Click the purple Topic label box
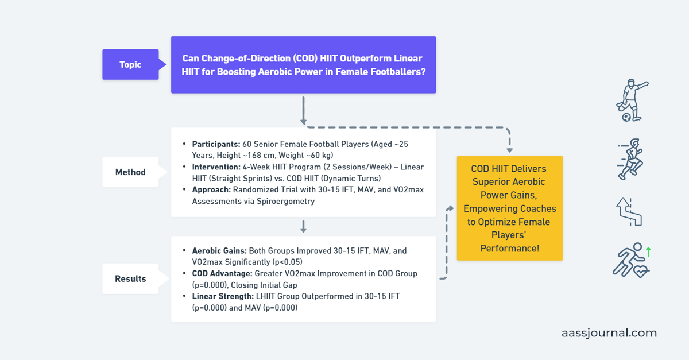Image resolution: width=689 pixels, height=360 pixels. pyautogui.click(x=130, y=64)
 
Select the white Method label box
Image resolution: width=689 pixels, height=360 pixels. pyautogui.click(x=130, y=172)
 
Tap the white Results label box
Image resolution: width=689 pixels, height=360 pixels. pyautogui.click(x=130, y=278)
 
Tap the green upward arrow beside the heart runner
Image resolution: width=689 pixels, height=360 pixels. pyautogui.click(x=648, y=251)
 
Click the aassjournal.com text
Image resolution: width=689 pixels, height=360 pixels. pyautogui.click(x=609, y=333)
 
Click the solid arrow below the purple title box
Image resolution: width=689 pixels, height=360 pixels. pyautogui.click(x=303, y=110)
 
